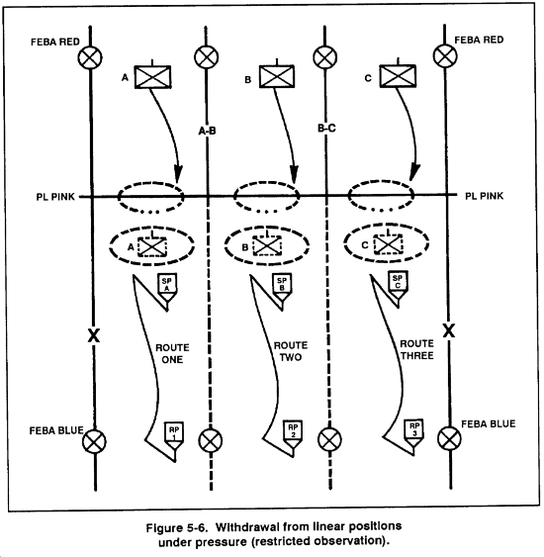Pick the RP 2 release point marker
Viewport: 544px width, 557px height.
[293, 434]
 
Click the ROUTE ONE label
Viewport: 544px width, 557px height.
[172, 353]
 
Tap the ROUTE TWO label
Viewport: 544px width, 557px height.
[291, 351]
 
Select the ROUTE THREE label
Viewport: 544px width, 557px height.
[416, 349]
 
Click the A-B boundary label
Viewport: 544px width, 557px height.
[207, 131]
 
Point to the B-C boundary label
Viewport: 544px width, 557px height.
[326, 128]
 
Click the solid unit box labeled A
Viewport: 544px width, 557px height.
[152, 77]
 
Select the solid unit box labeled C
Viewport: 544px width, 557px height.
[398, 75]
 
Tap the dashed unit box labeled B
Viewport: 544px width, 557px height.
[267, 245]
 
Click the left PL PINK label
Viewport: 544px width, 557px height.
[55, 197]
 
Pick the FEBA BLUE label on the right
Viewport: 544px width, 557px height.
[489, 423]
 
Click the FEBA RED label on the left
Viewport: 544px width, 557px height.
[55, 42]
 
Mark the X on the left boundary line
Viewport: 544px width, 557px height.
[93, 335]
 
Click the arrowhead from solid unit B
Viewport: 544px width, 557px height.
[294, 174]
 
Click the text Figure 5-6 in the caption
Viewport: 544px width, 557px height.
[176, 527]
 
